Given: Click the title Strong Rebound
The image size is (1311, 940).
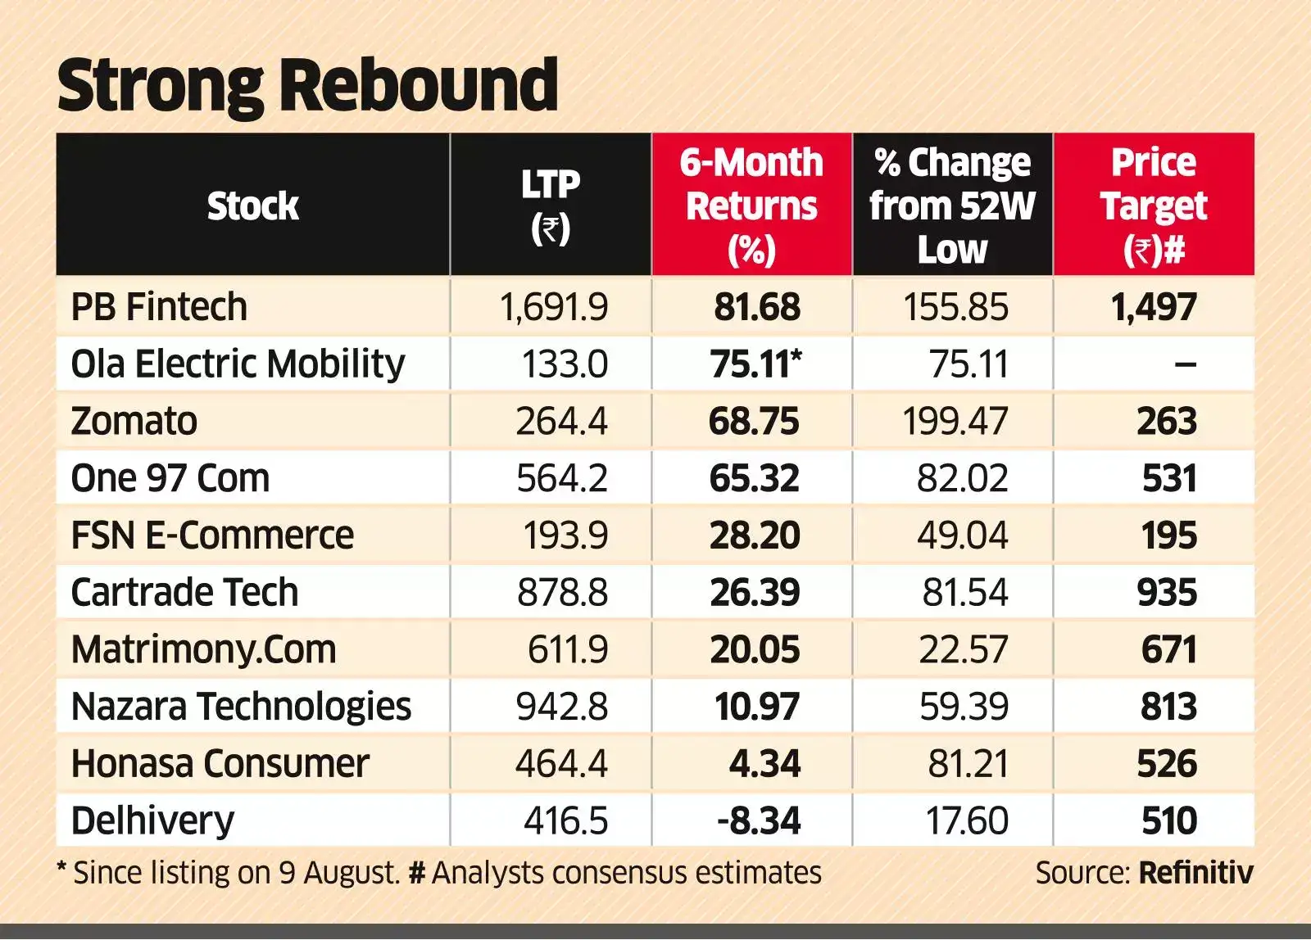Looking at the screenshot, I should coord(307,85).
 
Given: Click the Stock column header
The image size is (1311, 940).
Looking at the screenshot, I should coord(252,206).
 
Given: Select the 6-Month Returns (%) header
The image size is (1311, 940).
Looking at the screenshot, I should coord(751,206).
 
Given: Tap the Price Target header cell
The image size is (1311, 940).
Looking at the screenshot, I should coord(1154,206).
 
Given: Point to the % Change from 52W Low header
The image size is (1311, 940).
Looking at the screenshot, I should coord(952,206).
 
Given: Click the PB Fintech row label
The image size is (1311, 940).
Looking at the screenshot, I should coord(159,307).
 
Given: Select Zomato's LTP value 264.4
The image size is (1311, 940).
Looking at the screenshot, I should coord(561,422).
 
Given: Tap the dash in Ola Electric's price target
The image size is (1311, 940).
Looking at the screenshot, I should coord(1185,364).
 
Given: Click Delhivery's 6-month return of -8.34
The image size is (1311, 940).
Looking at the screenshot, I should coord(759,821).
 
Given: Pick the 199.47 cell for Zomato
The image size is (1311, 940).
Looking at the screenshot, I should coord(955,422).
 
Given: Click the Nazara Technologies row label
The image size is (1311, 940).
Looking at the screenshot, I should coord(241,707).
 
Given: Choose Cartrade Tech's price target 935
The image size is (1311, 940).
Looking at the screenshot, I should coord(1167,593).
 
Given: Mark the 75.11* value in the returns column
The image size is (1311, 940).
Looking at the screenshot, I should coord(755,364).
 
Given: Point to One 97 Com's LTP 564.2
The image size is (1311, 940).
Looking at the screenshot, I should coord(561,478).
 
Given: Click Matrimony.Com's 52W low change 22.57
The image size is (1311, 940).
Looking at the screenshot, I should coord(963,650).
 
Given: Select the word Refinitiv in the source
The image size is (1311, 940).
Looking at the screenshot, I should coord(1195,873).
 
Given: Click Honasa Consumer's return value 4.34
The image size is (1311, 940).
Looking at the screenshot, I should coord(764,764).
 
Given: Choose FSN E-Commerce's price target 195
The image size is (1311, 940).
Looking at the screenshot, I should coord(1169,536).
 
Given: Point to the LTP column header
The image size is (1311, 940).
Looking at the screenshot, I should coord(551,206).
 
